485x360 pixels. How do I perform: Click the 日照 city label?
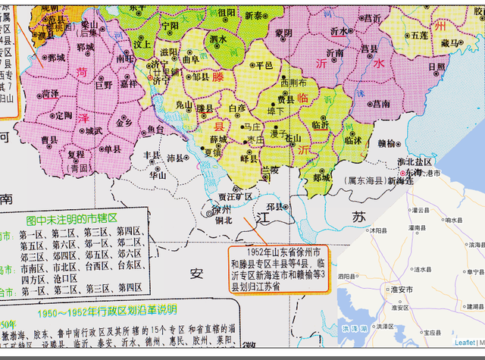click(437, 67)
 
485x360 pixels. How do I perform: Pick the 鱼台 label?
click(155, 130)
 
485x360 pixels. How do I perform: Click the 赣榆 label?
click(387, 142)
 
